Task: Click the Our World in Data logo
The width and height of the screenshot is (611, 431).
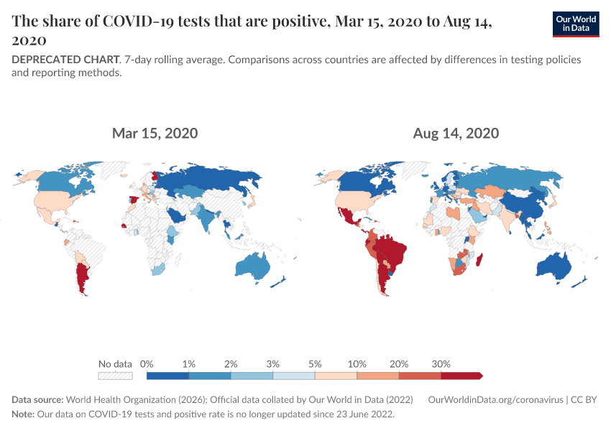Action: (x=576, y=24)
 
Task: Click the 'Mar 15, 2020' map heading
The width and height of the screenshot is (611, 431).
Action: (x=155, y=134)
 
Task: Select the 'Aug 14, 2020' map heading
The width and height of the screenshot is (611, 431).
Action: (x=456, y=134)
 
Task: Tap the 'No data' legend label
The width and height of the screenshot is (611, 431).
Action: (x=115, y=363)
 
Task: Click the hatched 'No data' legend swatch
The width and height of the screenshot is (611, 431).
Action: (x=115, y=375)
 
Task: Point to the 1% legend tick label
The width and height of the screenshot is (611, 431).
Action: (x=189, y=363)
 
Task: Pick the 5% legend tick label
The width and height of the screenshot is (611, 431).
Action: (x=315, y=363)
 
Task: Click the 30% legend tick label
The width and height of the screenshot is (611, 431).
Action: (x=441, y=363)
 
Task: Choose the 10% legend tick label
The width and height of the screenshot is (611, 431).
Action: (x=357, y=363)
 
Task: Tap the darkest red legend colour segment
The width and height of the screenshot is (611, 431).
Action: (x=461, y=375)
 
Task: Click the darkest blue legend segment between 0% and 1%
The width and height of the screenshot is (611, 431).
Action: (x=167, y=375)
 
